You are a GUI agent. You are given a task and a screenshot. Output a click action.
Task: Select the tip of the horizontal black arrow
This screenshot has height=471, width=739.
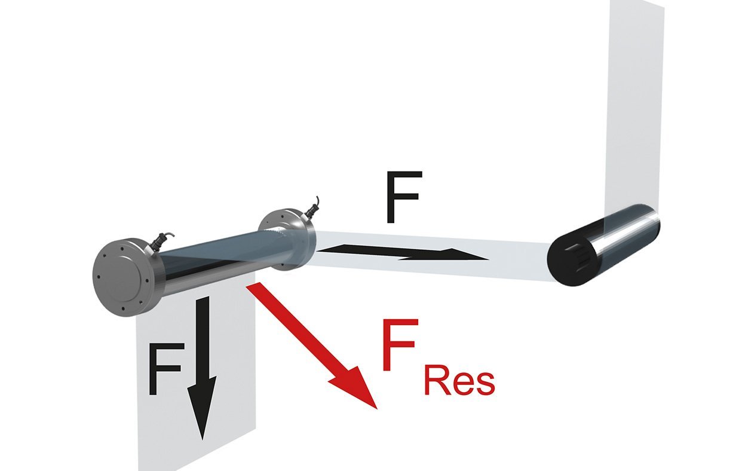pyautogui.click(x=489, y=259)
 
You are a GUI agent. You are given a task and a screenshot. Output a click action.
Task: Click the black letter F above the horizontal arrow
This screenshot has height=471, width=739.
pyautogui.click(x=404, y=197)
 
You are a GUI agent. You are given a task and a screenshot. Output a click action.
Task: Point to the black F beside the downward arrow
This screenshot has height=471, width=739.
pyautogui.click(x=166, y=369)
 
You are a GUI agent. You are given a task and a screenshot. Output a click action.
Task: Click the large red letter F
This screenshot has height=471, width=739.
pyautogui.click(x=399, y=345)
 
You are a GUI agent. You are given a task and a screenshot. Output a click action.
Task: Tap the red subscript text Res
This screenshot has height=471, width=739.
pyautogui.click(x=459, y=383)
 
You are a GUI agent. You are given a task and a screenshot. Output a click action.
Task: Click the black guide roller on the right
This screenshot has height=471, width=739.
pyautogui.click(x=604, y=245)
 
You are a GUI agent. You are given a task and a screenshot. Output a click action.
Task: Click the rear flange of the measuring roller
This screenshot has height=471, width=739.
pyautogui.click(x=286, y=240)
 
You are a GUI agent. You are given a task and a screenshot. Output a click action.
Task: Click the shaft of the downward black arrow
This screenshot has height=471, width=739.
pyautogui.click(x=202, y=337)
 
